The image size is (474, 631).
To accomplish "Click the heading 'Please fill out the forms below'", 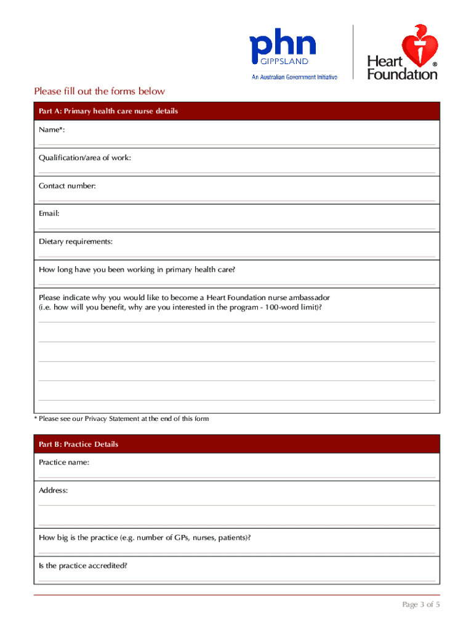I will tap(100, 91).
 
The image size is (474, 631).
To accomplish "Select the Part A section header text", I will tap(108, 112).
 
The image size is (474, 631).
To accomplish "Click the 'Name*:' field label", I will tap(52, 130).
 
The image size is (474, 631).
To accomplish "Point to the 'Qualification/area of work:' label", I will tap(85, 158).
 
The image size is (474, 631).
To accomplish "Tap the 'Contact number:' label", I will tap(67, 185).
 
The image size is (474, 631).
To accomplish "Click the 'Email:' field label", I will tap(49, 213).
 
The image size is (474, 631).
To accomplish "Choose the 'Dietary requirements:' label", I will tap(76, 242).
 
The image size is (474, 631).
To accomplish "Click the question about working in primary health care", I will tap(137, 269).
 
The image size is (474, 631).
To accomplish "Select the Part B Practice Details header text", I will tap(79, 444).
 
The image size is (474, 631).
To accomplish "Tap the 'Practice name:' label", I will tap(64, 462).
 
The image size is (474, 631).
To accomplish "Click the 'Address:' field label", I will tap(54, 491).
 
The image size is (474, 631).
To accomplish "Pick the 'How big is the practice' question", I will tap(145, 537).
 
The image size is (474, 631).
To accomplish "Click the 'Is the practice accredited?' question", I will tap(83, 565).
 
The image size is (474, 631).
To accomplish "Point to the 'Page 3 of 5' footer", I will tap(421, 605).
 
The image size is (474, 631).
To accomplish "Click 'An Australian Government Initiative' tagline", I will tap(295, 78).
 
